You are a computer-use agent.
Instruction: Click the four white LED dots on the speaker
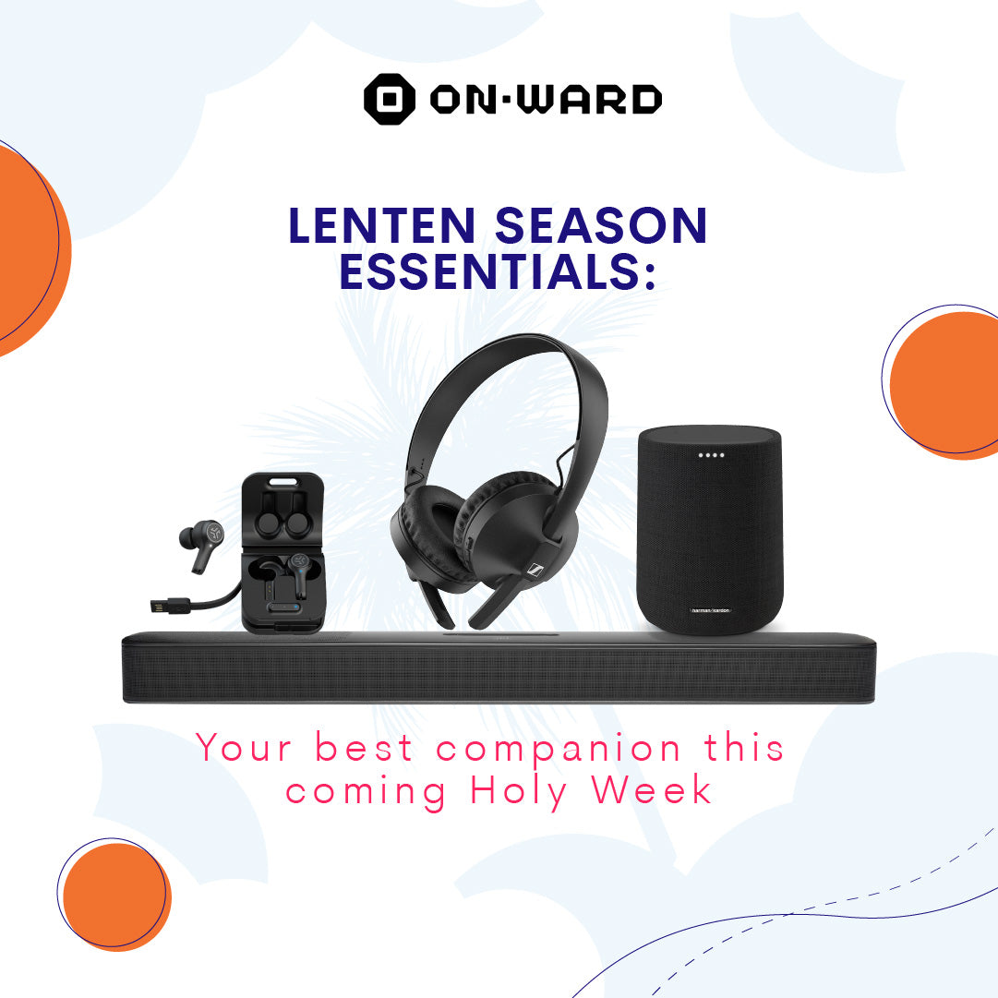(x=712, y=454)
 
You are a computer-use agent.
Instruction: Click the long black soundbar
(x=499, y=670)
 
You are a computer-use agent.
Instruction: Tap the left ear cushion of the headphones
(x=432, y=535)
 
